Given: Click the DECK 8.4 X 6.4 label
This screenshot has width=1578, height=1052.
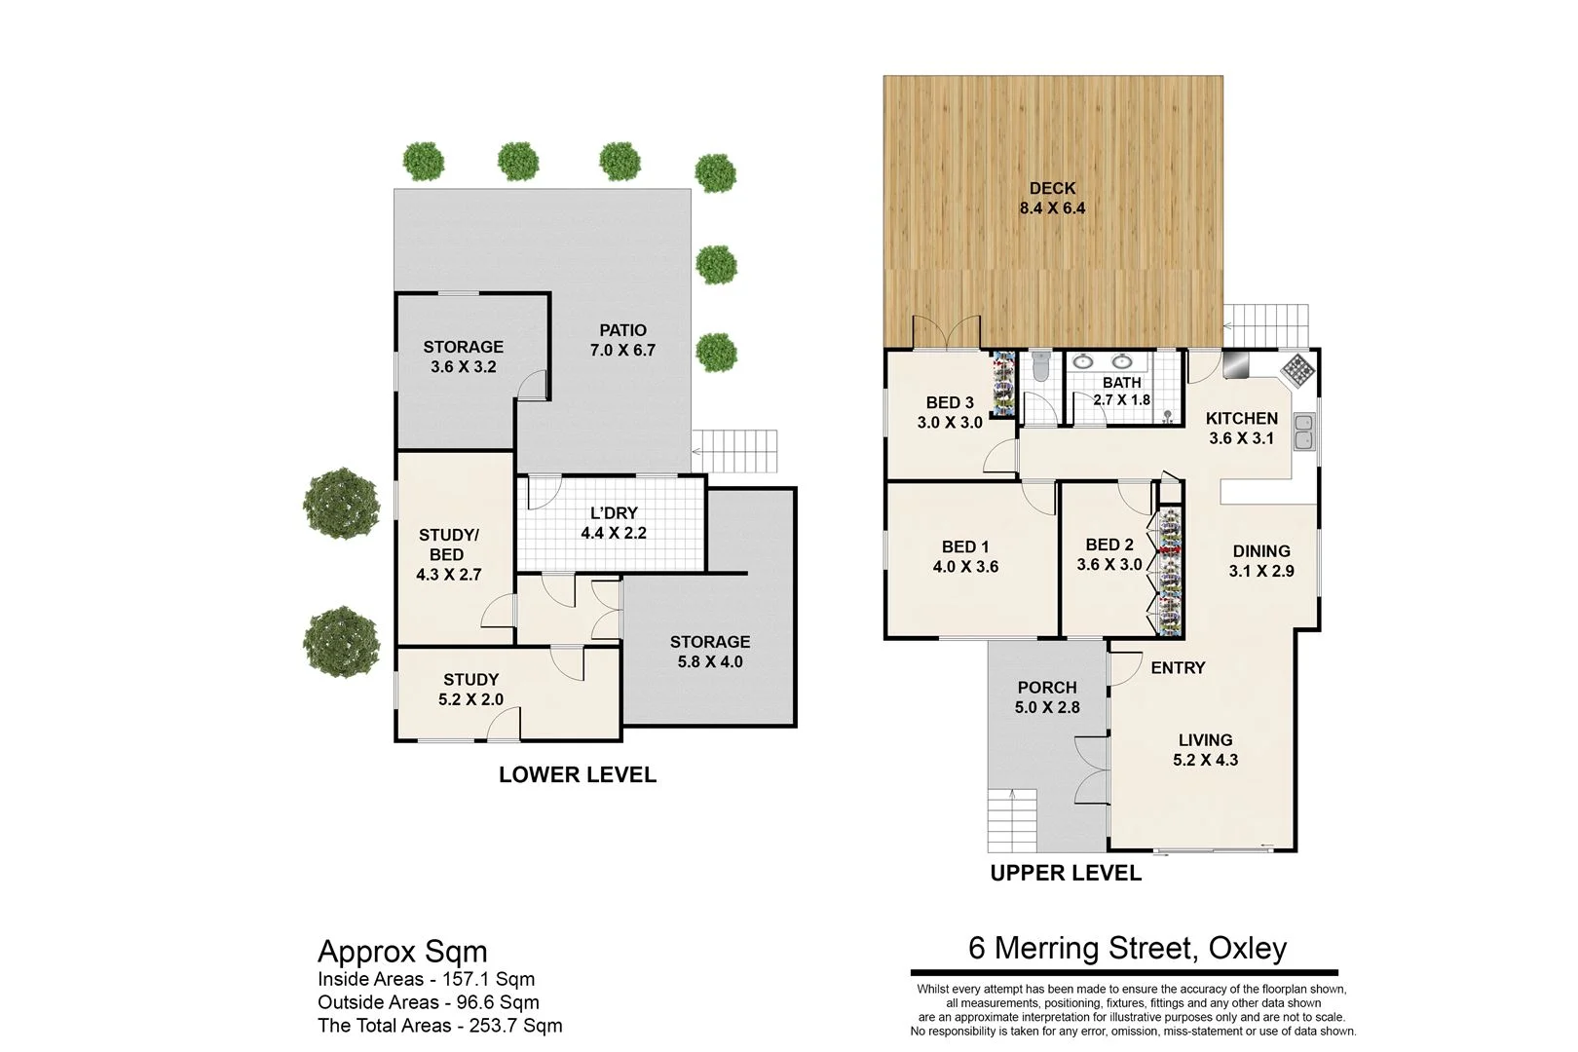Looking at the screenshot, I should point(1052,198).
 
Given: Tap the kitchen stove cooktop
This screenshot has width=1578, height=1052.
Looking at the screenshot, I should point(1297,368).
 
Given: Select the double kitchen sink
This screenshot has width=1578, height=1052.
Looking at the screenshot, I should point(1303,432).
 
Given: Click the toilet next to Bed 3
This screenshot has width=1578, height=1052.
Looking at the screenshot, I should point(1040,368).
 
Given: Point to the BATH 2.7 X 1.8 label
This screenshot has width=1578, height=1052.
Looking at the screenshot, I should point(1121,391).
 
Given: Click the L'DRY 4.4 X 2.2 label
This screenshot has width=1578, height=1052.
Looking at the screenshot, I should point(614,523).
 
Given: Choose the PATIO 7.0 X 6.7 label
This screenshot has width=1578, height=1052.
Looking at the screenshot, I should point(622,340).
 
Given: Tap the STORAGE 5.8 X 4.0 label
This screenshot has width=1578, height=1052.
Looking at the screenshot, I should point(710,652).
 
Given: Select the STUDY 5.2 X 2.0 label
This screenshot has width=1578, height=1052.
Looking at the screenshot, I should point(470,689).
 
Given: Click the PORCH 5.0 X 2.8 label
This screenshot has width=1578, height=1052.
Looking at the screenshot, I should point(1047,697).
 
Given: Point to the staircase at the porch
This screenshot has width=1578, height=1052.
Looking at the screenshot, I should point(1013,819).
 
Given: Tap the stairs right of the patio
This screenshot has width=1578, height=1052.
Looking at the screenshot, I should point(735,451).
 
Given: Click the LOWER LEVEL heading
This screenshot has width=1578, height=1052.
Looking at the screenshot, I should point(578,774).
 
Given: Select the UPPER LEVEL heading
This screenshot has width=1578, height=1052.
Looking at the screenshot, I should point(1066,873).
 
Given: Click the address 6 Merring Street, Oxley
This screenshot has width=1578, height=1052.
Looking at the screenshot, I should point(1127,948).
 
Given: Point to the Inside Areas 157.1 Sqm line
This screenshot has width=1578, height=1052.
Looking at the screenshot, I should point(426,979).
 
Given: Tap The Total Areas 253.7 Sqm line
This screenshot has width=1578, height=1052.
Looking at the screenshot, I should point(439,1025).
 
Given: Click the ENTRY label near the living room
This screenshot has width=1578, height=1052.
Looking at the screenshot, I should point(1178,667).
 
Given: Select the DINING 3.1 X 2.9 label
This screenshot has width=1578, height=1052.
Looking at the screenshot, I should point(1261,561).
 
